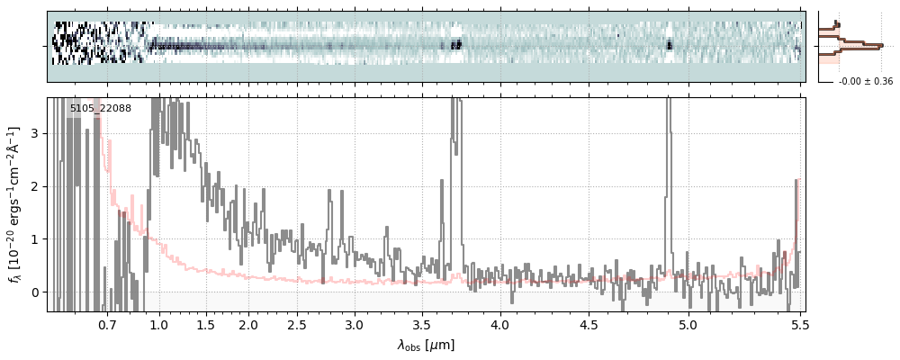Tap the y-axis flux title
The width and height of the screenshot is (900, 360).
(x=13, y=205)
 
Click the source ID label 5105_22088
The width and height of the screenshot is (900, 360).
(x=101, y=109)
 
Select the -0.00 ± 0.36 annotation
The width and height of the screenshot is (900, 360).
(x=866, y=82)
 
